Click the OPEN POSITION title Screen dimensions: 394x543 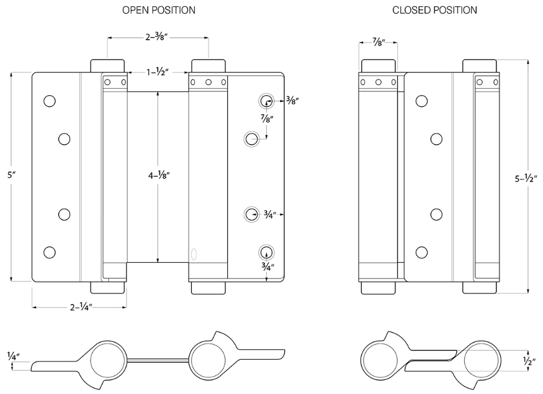click(158, 10)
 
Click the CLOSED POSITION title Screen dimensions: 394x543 click(434, 10)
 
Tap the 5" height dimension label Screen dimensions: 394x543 click(11, 176)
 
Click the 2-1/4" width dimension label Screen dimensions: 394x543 click(79, 307)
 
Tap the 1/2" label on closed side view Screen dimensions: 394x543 click(528, 359)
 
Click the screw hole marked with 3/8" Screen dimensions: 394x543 click(266, 101)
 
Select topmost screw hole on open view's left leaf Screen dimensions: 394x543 click(49, 101)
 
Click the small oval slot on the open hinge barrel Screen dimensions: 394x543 click(194, 254)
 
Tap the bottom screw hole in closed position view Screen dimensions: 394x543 click(422, 252)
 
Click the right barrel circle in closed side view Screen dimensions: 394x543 click(480, 359)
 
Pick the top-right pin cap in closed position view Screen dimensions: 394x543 click(479, 66)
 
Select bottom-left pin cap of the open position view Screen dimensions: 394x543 click(107, 287)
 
